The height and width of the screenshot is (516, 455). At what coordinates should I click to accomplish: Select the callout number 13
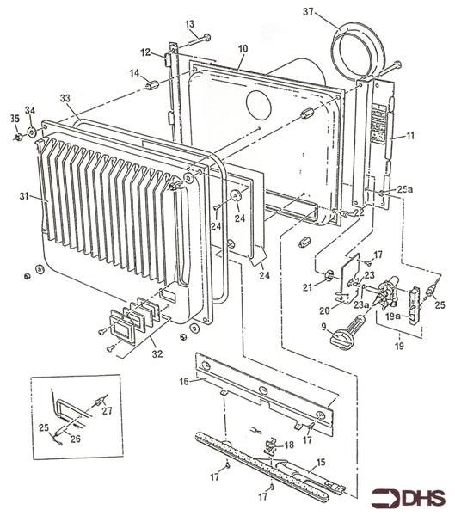pos(190,24)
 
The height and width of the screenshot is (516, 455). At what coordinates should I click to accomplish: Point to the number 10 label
pos(243,50)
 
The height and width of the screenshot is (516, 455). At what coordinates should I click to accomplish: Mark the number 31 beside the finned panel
pos(23,196)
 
